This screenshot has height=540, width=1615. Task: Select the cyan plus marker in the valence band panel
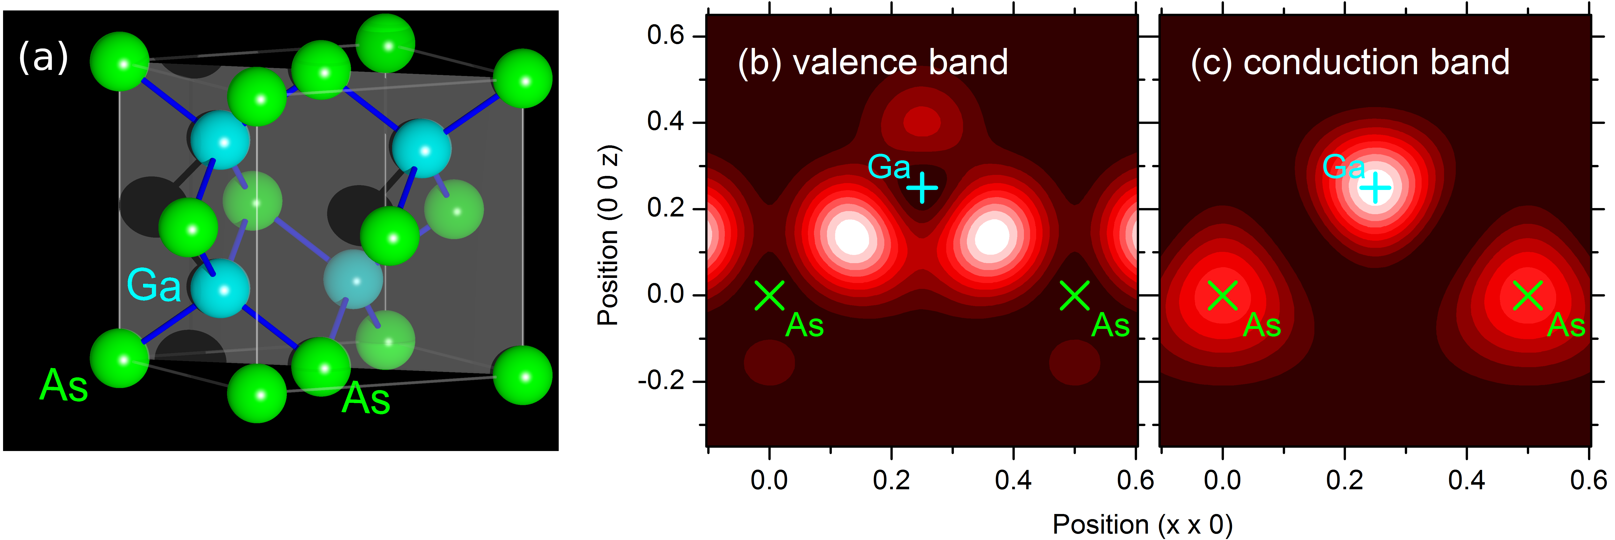point(922,188)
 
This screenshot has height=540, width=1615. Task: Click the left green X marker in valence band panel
point(769,295)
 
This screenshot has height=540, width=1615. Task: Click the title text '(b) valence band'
point(873,63)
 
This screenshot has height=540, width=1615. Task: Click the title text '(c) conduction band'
point(1350,63)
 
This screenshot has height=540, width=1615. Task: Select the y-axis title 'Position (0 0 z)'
point(607,235)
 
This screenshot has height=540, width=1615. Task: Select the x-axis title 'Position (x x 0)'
point(1142,524)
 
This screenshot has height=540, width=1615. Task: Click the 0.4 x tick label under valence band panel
point(1013,480)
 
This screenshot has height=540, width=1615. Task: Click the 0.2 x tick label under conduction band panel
point(1344,480)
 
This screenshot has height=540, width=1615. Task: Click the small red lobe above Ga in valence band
point(922,121)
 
